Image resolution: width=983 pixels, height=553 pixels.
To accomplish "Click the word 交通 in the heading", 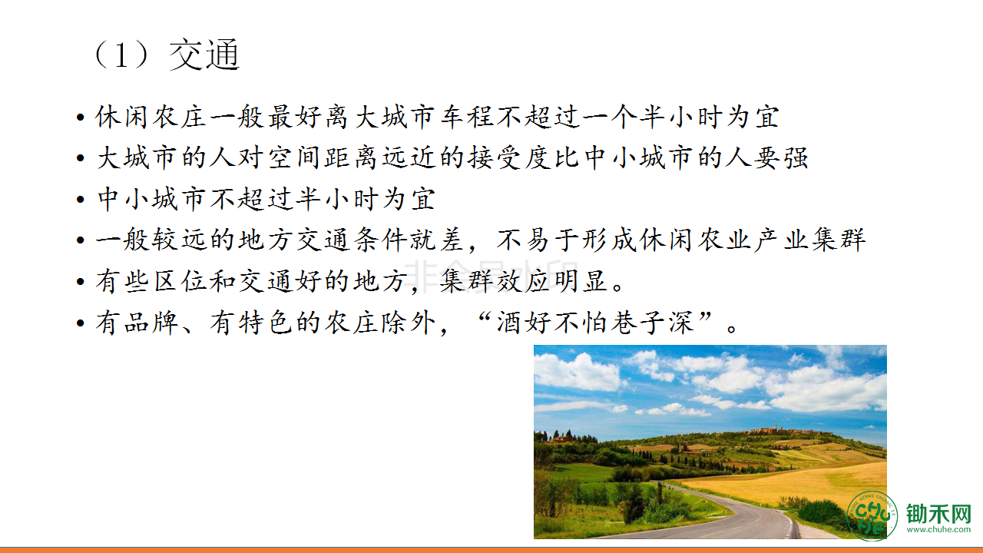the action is [204, 55].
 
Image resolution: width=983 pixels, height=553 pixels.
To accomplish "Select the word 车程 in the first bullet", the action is [466, 117].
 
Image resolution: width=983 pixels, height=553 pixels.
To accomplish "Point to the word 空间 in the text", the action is [293, 157].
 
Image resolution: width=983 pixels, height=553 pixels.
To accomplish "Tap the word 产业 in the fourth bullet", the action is [781, 240].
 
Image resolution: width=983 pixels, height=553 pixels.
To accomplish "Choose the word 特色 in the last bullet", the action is [266, 323].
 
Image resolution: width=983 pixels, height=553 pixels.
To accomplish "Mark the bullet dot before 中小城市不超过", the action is [81, 200].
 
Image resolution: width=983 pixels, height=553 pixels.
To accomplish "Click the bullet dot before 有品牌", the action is [81, 324].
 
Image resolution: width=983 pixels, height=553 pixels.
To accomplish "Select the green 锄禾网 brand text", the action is [938, 514].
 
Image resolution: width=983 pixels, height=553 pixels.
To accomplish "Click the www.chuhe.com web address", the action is [938, 530].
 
